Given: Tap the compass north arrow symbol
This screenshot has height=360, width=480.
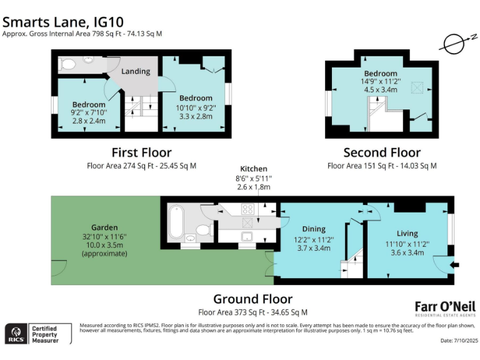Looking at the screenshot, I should coord(454,43).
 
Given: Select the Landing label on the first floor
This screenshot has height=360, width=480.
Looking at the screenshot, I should coord(136,71).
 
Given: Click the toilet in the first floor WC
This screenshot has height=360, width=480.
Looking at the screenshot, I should coord(69,64).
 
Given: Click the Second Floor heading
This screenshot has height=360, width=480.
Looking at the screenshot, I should coord(382,152).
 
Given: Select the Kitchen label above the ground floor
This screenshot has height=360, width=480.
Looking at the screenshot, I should coord(254,169).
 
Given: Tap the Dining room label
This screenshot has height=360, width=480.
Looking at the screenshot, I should coord(314,229).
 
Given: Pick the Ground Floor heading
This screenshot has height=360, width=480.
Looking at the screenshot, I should coord(252,299).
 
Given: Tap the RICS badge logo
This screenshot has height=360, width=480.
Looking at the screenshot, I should coord(16,333).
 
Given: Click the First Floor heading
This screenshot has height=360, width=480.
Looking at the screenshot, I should coord(141,152).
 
